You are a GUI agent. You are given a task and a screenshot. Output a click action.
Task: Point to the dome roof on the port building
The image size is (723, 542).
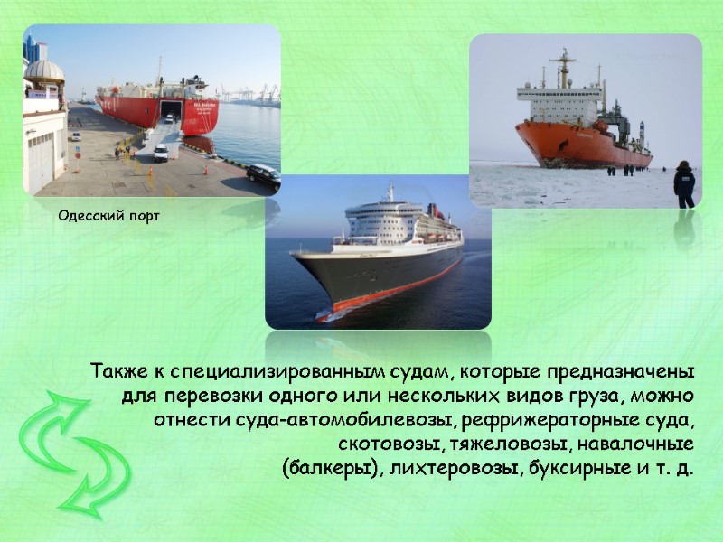[44, 70]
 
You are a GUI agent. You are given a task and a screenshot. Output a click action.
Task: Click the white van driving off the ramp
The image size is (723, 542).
[161, 153]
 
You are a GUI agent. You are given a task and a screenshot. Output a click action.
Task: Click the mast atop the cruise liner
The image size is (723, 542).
[390, 192]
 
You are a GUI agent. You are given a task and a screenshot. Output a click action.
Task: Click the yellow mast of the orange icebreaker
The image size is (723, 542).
[565, 68]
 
